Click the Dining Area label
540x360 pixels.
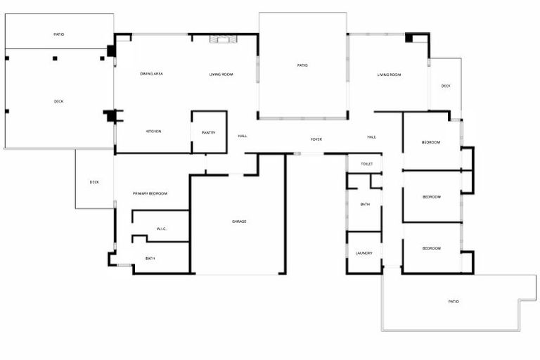152,74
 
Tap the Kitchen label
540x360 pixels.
153,131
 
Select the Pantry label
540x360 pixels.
208,133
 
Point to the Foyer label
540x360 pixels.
316,139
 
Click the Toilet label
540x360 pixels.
366,164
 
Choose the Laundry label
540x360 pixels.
364,253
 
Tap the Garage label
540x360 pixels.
239,221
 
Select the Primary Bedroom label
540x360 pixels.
150,193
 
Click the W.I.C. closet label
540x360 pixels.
161,229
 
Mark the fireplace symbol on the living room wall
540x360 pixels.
224,39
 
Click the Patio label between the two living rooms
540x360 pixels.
302,65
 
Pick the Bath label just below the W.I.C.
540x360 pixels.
150,259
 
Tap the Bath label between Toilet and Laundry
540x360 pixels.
365,205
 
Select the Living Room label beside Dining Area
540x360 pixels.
221,75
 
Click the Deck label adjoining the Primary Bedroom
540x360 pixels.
94,182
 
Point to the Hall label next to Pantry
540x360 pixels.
243,136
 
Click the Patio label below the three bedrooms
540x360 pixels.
454,302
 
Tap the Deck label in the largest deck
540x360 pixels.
58,101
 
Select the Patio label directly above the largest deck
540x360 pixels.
59,34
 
